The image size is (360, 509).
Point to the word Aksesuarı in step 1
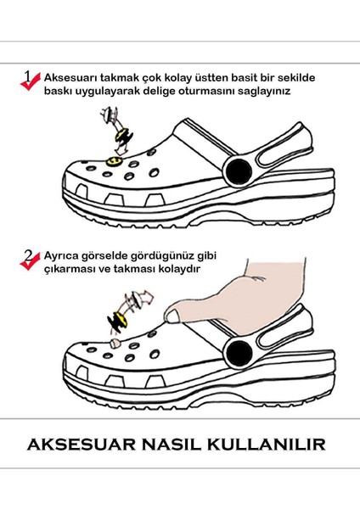[x=70, y=76]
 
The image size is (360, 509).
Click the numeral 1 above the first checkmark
[x=29, y=74]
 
